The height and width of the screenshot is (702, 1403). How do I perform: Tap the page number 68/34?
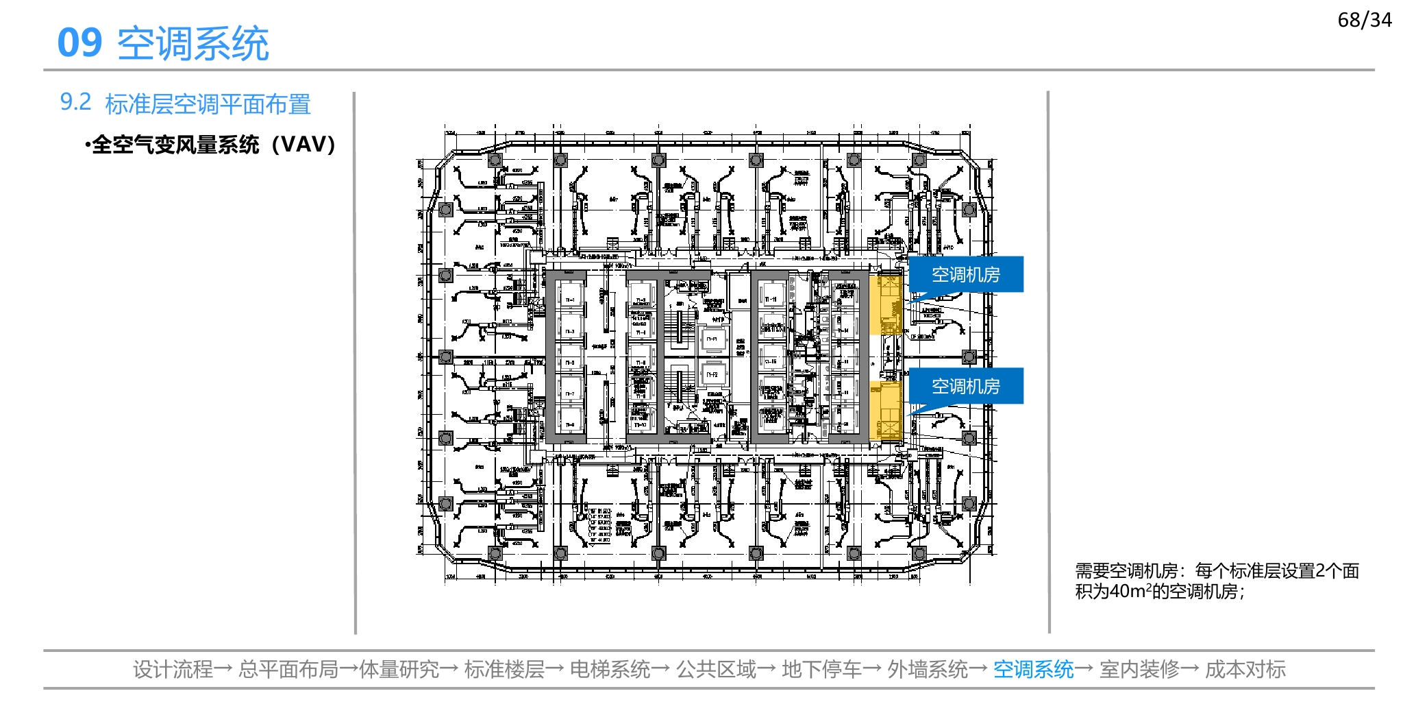[1364, 20]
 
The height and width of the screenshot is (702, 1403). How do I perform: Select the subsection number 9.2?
[75, 102]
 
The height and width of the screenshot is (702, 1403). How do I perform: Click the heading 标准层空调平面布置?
[208, 104]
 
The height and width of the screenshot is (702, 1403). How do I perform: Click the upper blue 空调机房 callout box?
[965, 274]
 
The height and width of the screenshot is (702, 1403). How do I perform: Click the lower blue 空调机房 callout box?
[965, 386]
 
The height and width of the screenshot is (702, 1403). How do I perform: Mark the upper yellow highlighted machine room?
[885, 304]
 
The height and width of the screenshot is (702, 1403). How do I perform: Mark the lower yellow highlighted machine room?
[885, 411]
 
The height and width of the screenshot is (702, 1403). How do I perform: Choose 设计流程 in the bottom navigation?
[173, 669]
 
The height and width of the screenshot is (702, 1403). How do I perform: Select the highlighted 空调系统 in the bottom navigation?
[1033, 669]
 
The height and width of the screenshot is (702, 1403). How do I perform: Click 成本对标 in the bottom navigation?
[1245, 669]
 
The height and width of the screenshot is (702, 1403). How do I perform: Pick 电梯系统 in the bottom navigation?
[610, 669]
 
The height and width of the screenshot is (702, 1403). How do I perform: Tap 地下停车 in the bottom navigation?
[821, 669]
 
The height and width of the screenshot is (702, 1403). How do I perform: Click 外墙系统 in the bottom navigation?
[928, 669]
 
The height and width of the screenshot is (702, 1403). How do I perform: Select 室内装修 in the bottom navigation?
[1139, 669]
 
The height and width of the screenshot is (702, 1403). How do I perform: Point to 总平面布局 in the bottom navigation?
[288, 669]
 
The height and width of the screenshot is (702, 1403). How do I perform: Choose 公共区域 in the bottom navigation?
[716, 669]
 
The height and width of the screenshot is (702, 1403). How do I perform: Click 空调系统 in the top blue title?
[193, 44]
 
